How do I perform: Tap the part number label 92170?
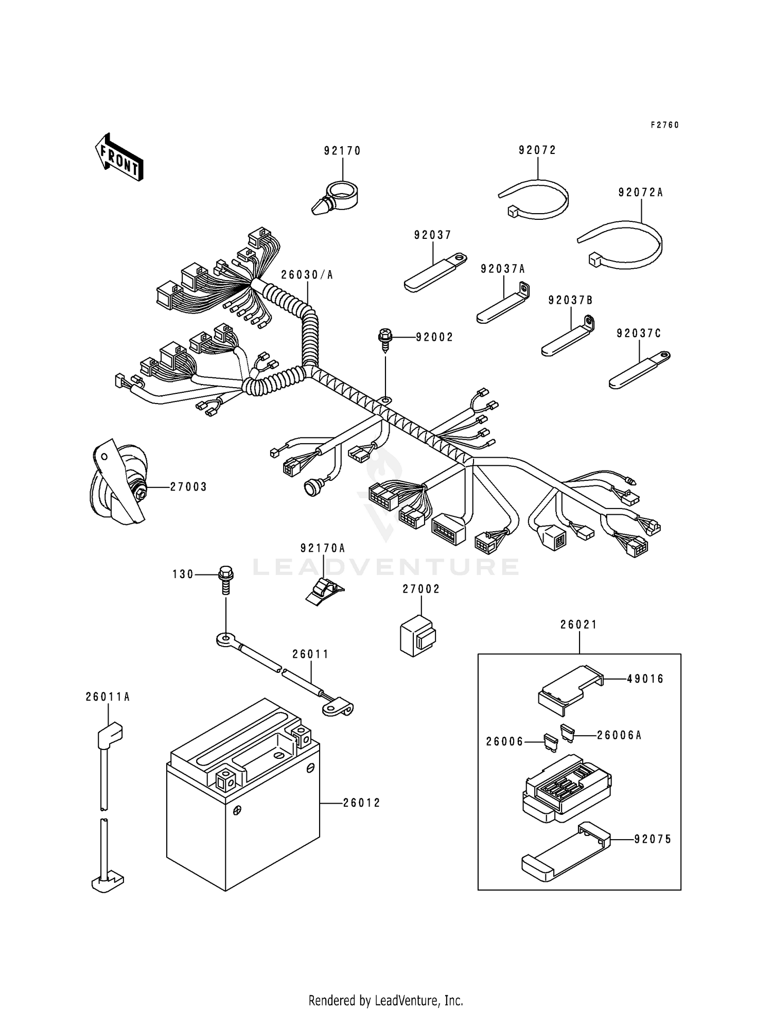(342, 151)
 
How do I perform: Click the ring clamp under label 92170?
(337, 198)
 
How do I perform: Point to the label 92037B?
(570, 300)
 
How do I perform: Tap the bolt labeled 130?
(226, 579)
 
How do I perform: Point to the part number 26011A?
(108, 697)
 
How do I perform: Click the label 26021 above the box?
(578, 624)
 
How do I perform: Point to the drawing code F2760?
(664, 125)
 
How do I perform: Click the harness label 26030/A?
(307, 275)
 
